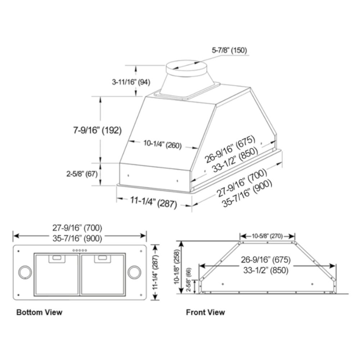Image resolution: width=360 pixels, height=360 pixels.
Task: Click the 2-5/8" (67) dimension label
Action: coord(82,174)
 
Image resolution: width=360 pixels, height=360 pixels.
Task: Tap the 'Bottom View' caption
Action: coord(39,312)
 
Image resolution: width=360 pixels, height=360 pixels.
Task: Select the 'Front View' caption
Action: coord(205,312)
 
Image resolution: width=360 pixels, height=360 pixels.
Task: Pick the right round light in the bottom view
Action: coord(134,272)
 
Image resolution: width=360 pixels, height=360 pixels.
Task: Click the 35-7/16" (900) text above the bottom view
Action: coord(77,238)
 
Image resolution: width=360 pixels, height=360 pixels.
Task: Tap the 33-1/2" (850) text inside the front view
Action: coord(266,270)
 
